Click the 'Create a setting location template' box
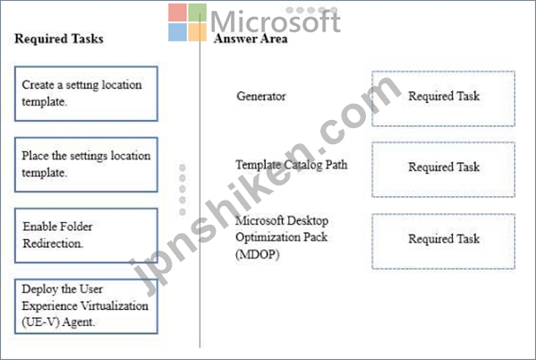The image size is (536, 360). [x=86, y=94]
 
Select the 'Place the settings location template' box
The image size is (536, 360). [x=86, y=165]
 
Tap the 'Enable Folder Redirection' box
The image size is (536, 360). [x=86, y=236]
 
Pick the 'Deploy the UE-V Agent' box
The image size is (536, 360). [x=86, y=306]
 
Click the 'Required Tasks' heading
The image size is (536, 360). [x=59, y=39]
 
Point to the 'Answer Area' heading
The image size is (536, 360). [x=251, y=39]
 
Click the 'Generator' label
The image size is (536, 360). [x=261, y=96]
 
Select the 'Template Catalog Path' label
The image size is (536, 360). [x=291, y=165]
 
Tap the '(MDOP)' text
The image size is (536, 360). [x=257, y=254]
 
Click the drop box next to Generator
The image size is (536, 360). [x=443, y=99]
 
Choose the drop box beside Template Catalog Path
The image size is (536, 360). [x=443, y=169]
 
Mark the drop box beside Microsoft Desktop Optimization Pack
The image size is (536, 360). [x=443, y=241]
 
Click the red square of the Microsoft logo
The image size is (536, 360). [x=177, y=13]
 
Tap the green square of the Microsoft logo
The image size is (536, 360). [x=198, y=13]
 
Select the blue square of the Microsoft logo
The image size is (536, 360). [x=177, y=32]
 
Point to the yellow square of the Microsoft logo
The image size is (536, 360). [x=198, y=32]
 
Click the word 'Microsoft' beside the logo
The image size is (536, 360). [x=276, y=21]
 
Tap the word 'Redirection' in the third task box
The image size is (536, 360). [x=53, y=244]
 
